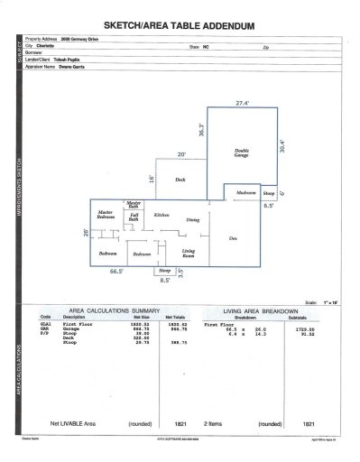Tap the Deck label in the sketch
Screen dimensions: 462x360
[180, 180]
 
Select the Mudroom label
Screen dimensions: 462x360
[246, 192]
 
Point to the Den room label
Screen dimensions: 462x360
[232, 237]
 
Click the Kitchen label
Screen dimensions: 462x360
[162, 215]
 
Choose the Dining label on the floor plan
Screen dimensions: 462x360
[192, 219]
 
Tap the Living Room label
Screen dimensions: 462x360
[189, 253]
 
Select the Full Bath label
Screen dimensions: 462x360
[133, 217]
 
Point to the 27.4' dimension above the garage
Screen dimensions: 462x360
[241, 105]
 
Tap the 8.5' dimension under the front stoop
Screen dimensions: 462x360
[165, 280]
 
